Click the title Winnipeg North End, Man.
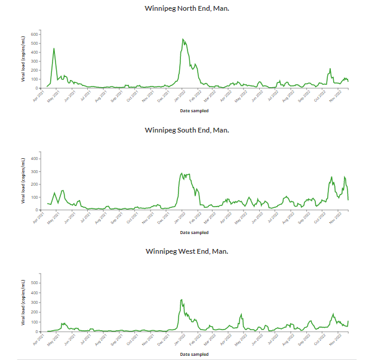186,9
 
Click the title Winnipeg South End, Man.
186,130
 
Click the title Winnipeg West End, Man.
186,251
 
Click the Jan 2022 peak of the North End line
183,40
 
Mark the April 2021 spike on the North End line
54,48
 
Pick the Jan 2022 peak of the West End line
182,300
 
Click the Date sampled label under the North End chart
194,110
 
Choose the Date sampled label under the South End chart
194,232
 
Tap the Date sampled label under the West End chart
194,354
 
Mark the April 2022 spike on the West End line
241,314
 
